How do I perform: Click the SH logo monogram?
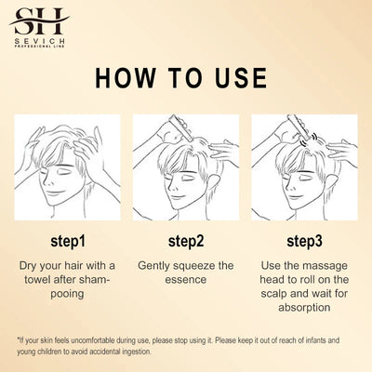click(39, 21)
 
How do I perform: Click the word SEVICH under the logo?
click(40, 41)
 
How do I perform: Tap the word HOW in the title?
click(125, 77)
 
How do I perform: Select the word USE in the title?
click(241, 77)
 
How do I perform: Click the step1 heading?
click(68, 241)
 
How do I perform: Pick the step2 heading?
click(186, 241)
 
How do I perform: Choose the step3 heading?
click(304, 241)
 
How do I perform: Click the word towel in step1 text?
click(37, 279)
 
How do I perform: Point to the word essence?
click(186, 280)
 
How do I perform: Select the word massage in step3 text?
click(325, 266)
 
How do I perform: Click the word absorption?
click(304, 308)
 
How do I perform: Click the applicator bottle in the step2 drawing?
click(179, 126)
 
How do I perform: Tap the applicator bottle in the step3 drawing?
click(299, 126)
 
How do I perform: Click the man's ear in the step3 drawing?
click(331, 184)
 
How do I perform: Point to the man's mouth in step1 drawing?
click(56, 193)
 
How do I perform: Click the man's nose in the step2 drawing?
click(170, 186)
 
